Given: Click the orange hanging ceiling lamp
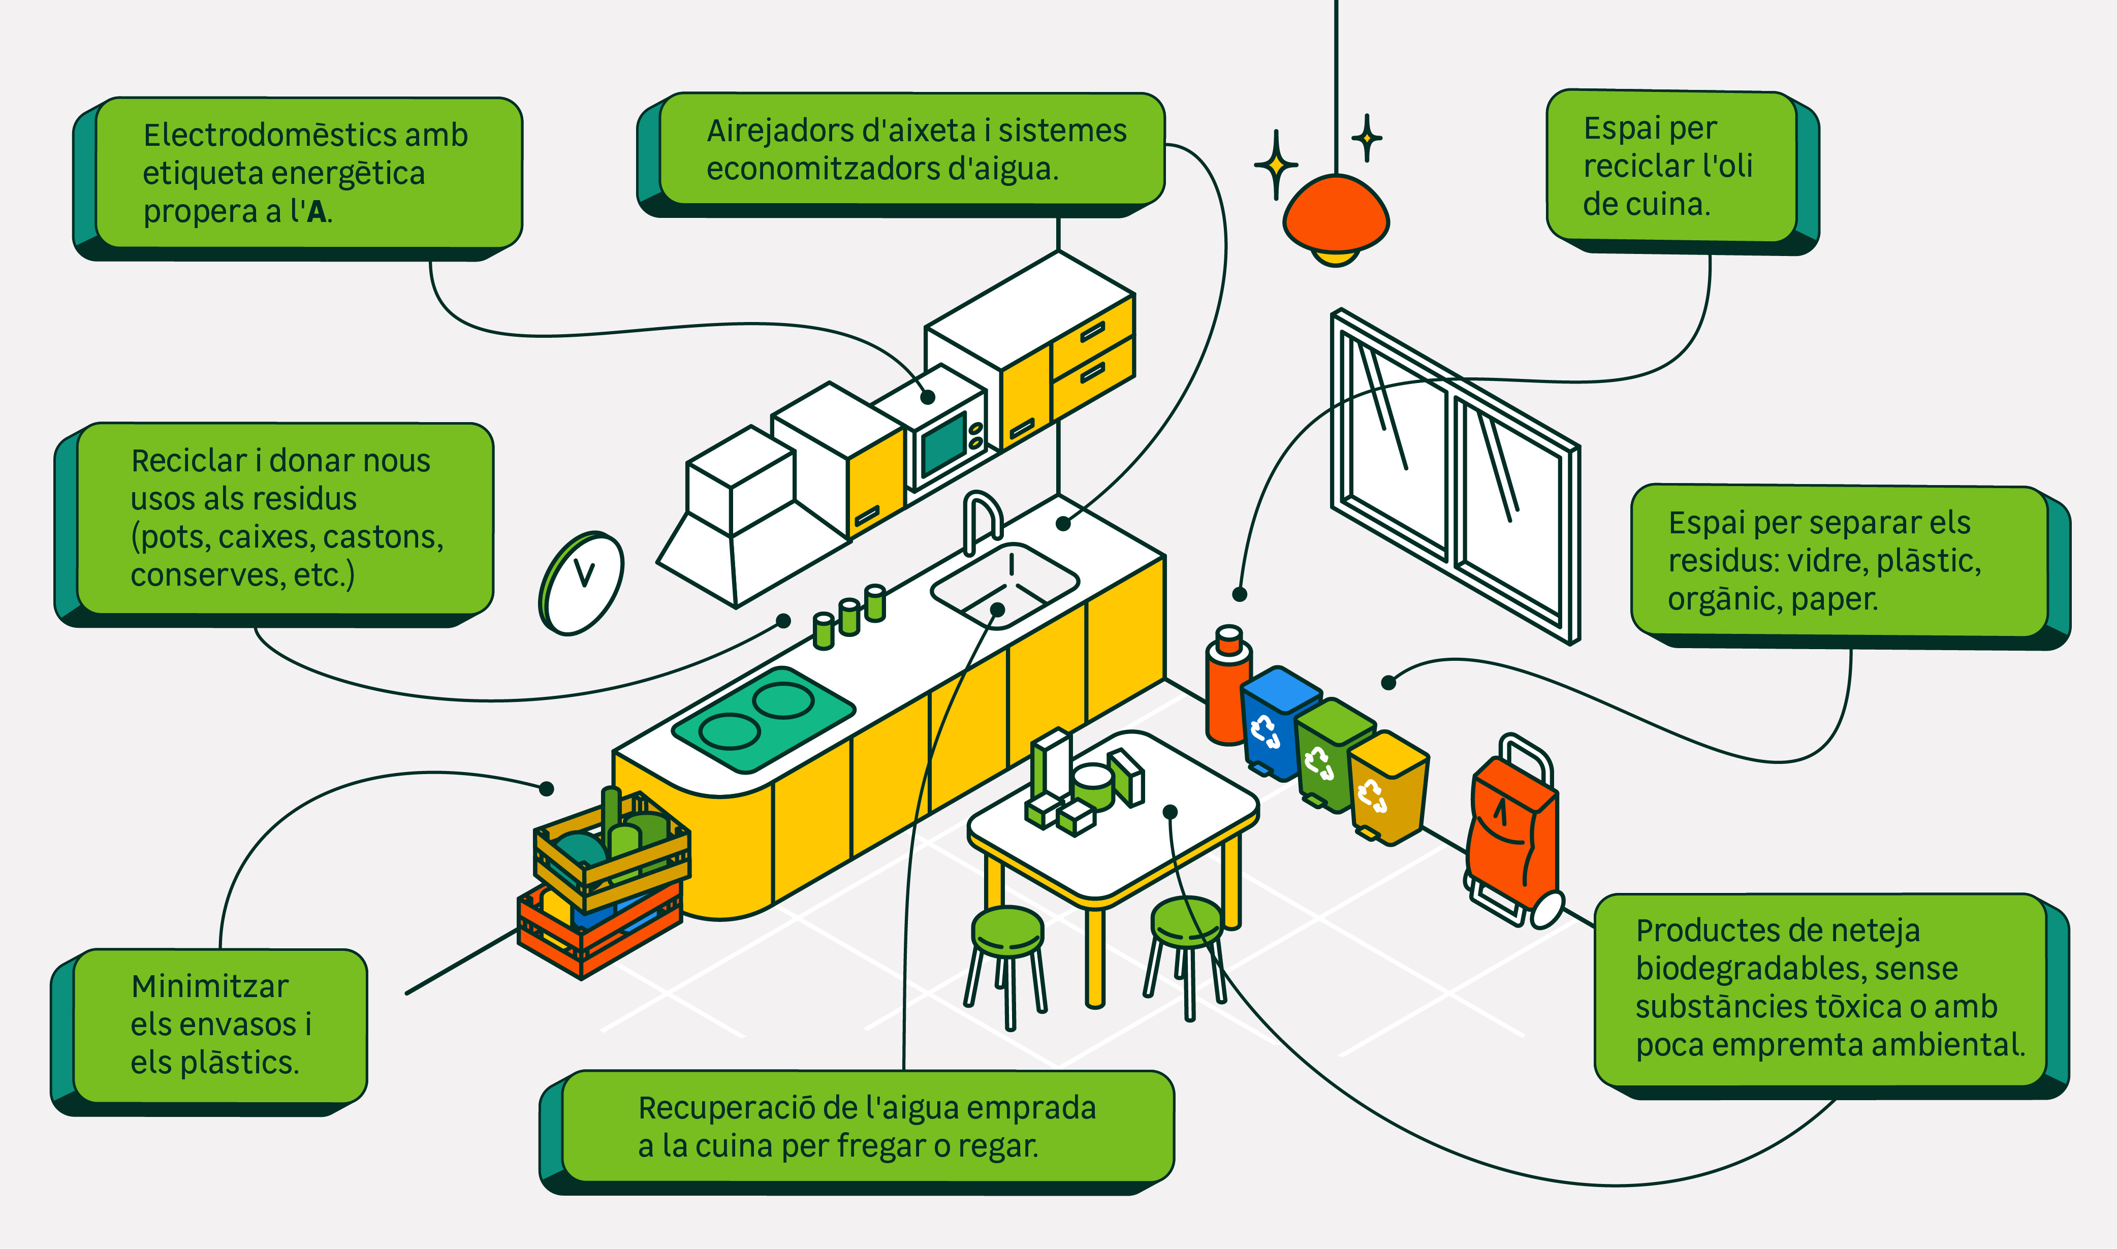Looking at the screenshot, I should click(1335, 215).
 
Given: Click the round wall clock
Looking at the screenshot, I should click(581, 583).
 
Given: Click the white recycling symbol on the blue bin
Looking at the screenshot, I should click(1265, 730).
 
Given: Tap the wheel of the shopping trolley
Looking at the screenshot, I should click(1546, 910).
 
